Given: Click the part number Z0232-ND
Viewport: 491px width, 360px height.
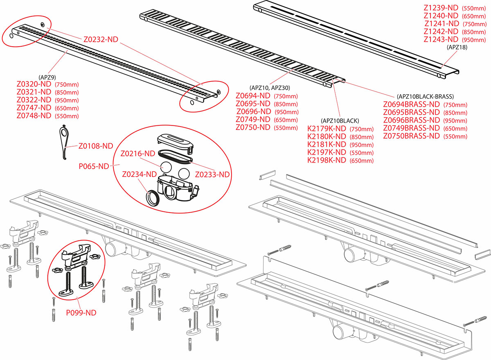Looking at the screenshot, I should click(101, 40).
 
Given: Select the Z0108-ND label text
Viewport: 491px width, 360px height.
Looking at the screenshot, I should click(96, 146).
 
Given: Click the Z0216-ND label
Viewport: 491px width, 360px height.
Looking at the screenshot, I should click(138, 154).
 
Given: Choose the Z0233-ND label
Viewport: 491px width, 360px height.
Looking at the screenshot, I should click(212, 174).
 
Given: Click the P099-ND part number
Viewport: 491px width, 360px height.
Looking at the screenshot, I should click(81, 312).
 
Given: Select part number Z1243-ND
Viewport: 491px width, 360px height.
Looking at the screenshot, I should click(441, 39).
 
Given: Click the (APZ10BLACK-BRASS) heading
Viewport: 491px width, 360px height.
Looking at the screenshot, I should click(425, 97).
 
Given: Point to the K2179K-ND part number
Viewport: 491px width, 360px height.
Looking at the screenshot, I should click(327, 129).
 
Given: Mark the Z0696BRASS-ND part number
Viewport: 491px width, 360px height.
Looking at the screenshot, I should click(412, 120).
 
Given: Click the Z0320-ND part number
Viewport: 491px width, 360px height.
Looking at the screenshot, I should click(34, 84).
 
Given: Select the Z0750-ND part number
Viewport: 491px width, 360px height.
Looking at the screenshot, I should click(253, 127).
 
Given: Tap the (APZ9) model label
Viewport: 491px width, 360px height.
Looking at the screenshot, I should click(47, 77).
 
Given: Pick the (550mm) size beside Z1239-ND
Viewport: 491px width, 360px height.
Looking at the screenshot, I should click(473, 8).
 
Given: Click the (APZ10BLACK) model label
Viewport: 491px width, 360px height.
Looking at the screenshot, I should click(340, 121).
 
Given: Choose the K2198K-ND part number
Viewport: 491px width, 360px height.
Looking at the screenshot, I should click(327, 160).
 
